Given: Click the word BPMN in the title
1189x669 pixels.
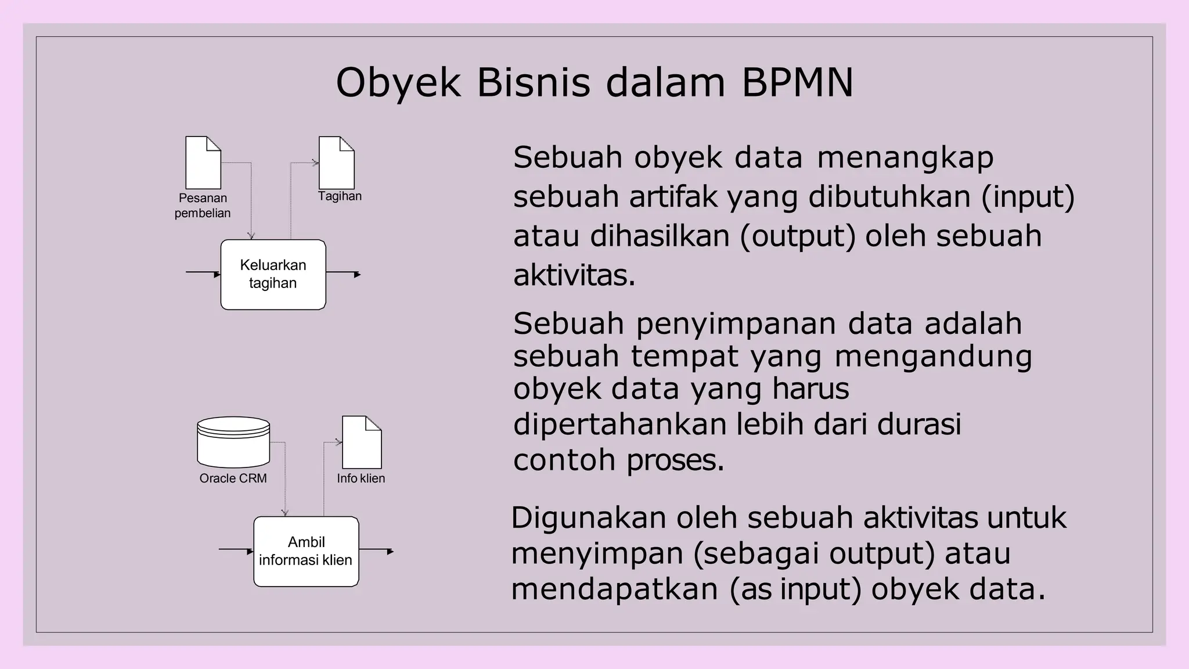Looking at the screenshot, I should click(797, 82).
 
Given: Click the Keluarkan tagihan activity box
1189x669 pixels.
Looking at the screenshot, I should click(273, 274).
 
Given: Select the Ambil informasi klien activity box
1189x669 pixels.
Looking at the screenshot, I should click(306, 551).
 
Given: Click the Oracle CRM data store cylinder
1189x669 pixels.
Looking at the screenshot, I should click(233, 442).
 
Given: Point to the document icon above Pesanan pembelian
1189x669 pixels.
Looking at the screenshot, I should click(203, 163).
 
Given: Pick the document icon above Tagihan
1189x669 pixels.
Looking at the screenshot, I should click(337, 163).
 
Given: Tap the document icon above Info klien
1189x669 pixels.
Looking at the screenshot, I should click(362, 442).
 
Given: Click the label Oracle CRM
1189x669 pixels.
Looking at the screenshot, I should click(233, 479).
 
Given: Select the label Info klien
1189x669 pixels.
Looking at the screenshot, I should click(361, 479).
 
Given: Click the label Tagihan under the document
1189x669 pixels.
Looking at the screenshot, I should click(340, 196).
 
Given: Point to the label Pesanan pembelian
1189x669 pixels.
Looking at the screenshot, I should click(203, 206).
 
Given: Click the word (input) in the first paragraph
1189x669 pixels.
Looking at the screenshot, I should click(1028, 197).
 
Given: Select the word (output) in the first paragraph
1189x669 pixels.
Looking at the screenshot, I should click(798, 236).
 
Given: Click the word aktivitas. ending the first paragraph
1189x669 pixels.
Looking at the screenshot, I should click(574, 275).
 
